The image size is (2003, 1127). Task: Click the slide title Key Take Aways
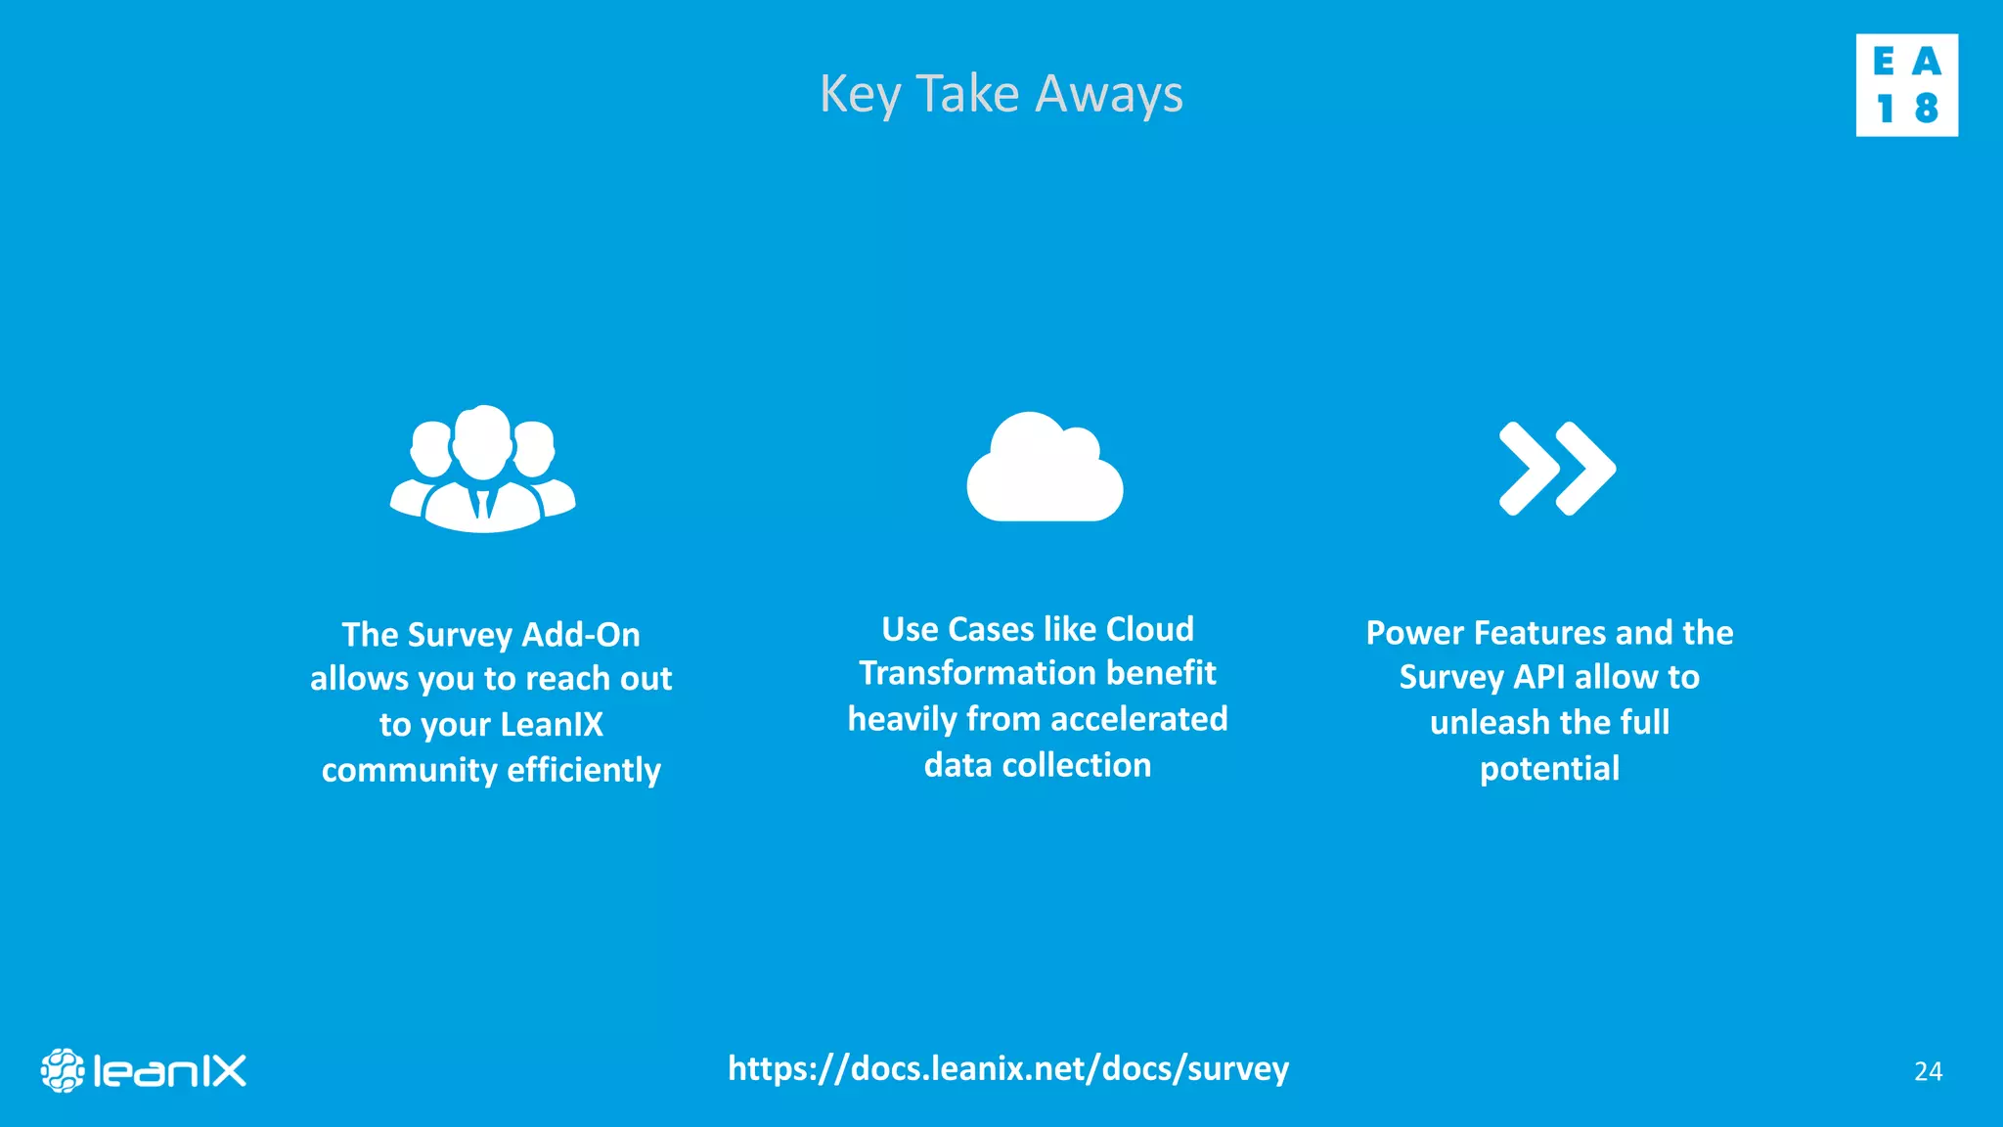pyautogui.click(x=1001, y=95)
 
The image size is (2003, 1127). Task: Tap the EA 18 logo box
pyautogui.click(x=1906, y=85)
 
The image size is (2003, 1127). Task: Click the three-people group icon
pyautogui.click(x=483, y=469)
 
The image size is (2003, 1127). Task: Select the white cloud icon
pyautogui.click(x=1045, y=468)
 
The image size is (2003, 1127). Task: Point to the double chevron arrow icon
pyautogui.click(x=1557, y=469)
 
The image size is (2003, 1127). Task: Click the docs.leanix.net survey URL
pyautogui.click(x=1008, y=1068)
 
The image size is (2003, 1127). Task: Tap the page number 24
pyautogui.click(x=1928, y=1072)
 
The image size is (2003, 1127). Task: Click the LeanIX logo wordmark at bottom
pyautogui.click(x=169, y=1071)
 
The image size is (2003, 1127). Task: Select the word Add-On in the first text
pyautogui.click(x=581, y=635)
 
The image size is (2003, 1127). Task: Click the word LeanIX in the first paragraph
pyautogui.click(x=552, y=725)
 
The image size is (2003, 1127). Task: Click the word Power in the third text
pyautogui.click(x=1414, y=633)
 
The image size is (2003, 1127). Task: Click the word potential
pyautogui.click(x=1549, y=769)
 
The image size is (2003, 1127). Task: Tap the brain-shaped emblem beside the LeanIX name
pyautogui.click(x=63, y=1070)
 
